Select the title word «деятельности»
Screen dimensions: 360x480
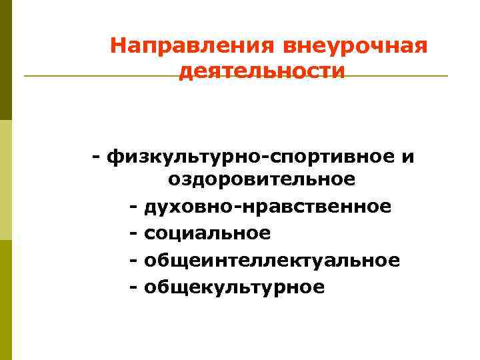(x=262, y=71)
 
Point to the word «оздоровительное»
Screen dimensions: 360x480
(x=261, y=179)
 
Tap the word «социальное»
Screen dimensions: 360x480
(x=207, y=233)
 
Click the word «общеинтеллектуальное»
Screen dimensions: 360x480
(x=272, y=260)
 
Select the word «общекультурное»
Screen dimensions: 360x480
(x=234, y=287)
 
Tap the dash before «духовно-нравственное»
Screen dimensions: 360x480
(x=133, y=207)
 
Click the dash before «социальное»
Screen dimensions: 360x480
(x=133, y=233)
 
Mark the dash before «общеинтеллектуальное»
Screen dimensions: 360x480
(x=133, y=260)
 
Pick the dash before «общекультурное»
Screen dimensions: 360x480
(x=133, y=287)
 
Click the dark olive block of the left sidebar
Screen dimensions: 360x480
(x=6, y=60)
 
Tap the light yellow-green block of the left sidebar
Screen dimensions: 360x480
(x=6, y=180)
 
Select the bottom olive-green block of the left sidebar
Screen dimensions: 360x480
(x=6, y=300)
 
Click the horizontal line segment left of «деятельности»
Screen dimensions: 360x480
(x=100, y=76)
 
